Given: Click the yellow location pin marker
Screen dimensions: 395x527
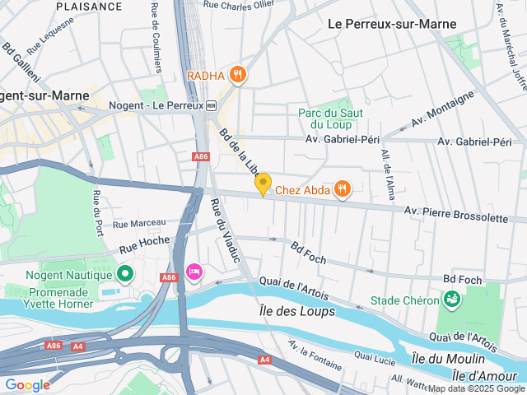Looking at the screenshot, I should coord(263,185).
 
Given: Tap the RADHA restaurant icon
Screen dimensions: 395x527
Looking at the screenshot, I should coord(238,75).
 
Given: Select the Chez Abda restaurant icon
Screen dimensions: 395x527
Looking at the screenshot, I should coord(342,190).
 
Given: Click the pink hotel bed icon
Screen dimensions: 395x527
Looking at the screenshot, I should coord(194,272).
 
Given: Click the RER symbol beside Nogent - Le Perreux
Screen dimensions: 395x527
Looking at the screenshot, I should coord(211,105).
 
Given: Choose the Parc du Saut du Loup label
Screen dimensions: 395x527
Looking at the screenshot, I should coord(325,118).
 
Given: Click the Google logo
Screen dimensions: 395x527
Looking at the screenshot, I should coord(28,384).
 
